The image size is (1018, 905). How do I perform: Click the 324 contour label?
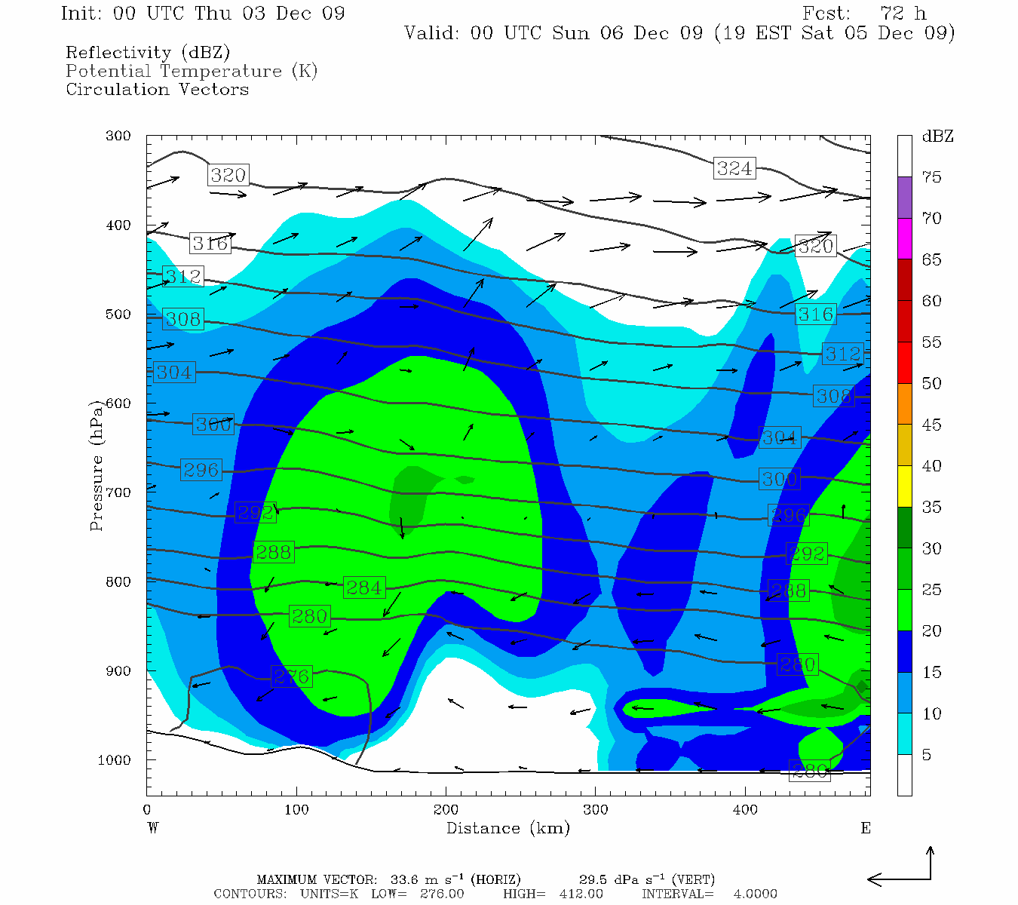point(734,168)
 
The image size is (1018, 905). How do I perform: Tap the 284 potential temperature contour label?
point(364,587)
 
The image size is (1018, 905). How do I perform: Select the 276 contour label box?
point(292,676)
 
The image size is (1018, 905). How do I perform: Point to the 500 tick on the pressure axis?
point(118,314)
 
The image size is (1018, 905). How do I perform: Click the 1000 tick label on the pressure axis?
point(115,760)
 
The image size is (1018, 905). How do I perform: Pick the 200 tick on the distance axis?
point(446,810)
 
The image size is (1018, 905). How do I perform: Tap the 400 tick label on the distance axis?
point(745,810)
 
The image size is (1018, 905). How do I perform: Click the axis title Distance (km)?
point(508,828)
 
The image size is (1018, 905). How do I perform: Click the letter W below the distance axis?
point(153,828)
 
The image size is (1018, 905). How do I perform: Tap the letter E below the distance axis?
point(865,828)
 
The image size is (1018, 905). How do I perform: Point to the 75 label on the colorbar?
point(932,177)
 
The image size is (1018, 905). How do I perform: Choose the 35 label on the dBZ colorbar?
point(932,507)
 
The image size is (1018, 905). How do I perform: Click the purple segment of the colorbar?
point(904,198)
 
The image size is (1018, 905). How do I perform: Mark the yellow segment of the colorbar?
point(904,486)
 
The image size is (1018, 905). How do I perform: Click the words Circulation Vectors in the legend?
point(157,89)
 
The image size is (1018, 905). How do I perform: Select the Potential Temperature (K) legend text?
point(192,71)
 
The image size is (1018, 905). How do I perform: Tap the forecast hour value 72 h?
point(903,14)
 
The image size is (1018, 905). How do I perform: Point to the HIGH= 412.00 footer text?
point(553,894)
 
